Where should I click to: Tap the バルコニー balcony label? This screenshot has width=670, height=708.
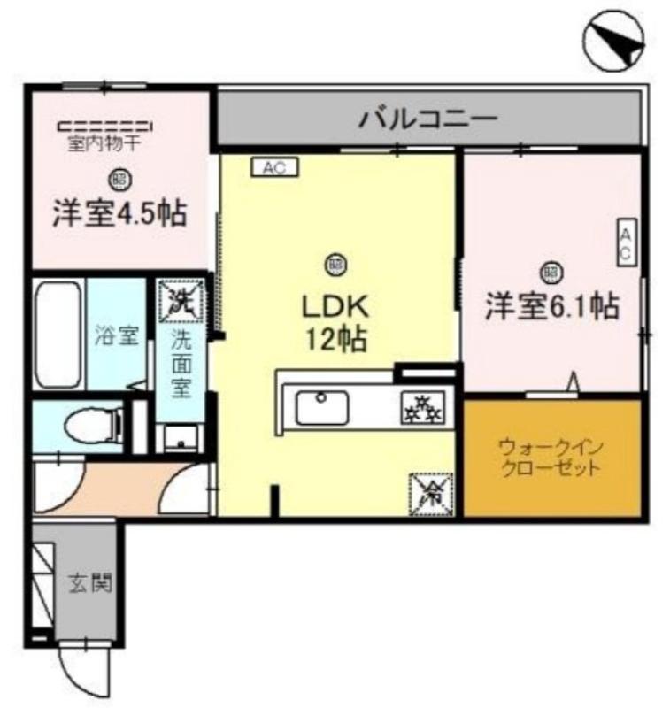click(427, 119)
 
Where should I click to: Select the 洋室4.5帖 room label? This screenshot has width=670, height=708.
click(118, 214)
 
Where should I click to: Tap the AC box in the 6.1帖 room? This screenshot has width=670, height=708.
click(624, 242)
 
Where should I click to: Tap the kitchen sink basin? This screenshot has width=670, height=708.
click(321, 408)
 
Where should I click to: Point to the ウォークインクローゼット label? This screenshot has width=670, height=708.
click(550, 457)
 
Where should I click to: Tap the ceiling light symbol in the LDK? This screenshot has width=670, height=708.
click(335, 263)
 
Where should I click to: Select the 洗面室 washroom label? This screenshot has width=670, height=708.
click(181, 363)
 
